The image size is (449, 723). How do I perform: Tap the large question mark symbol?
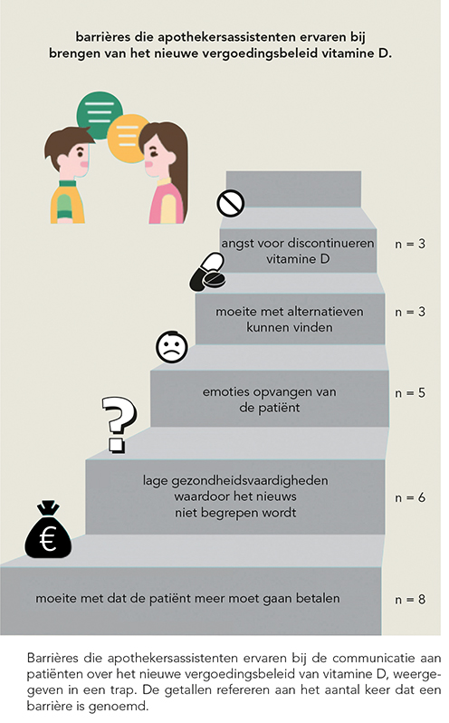click(119, 424)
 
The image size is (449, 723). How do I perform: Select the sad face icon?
click(172, 347)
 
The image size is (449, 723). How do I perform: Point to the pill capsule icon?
click(208, 272)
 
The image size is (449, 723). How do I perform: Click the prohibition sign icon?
click(230, 203)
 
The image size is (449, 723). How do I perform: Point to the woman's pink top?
click(167, 204)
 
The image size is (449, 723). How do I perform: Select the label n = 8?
click(410, 600)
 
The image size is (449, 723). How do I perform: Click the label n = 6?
click(410, 497)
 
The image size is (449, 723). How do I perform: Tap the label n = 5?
click(410, 393)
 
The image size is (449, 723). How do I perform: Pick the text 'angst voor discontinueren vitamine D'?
click(298, 251)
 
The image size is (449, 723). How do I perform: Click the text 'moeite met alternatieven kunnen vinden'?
click(290, 319)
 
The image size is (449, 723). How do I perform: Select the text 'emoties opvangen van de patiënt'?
click(270, 400)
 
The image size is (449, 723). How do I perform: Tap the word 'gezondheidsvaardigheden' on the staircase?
click(250, 481)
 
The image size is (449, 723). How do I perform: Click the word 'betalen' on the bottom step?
click(318, 599)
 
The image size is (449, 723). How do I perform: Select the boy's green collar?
click(67, 184)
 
